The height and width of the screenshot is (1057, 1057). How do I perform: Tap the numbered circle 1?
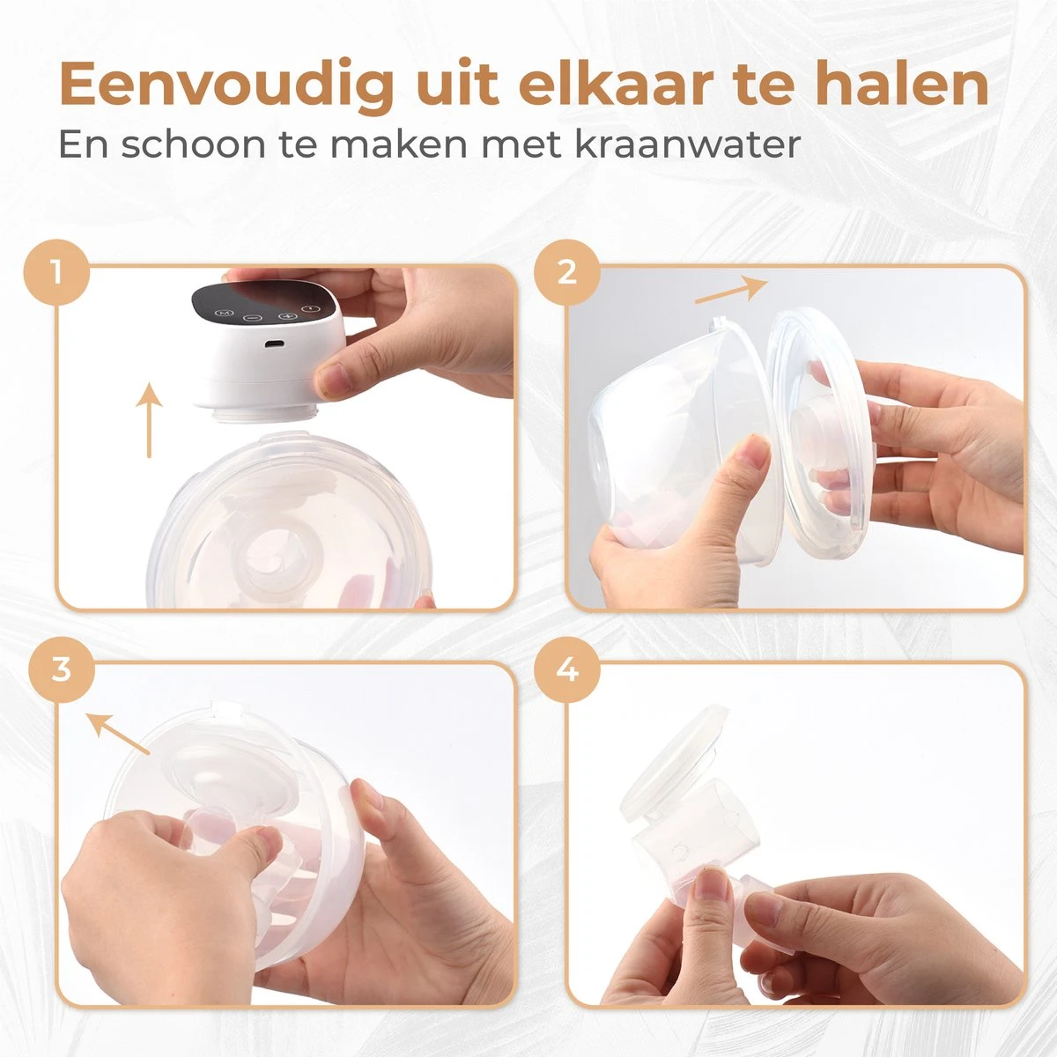56,272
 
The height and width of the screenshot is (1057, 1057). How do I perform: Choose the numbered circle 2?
567,272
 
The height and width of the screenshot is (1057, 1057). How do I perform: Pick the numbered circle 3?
62,669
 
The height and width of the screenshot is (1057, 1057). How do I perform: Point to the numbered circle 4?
567,669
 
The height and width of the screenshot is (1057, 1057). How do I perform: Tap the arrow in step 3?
118,732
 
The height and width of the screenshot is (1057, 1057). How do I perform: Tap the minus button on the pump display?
253,318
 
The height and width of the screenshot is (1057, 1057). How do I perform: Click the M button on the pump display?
224,314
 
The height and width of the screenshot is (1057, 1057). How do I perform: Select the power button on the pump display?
311,309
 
